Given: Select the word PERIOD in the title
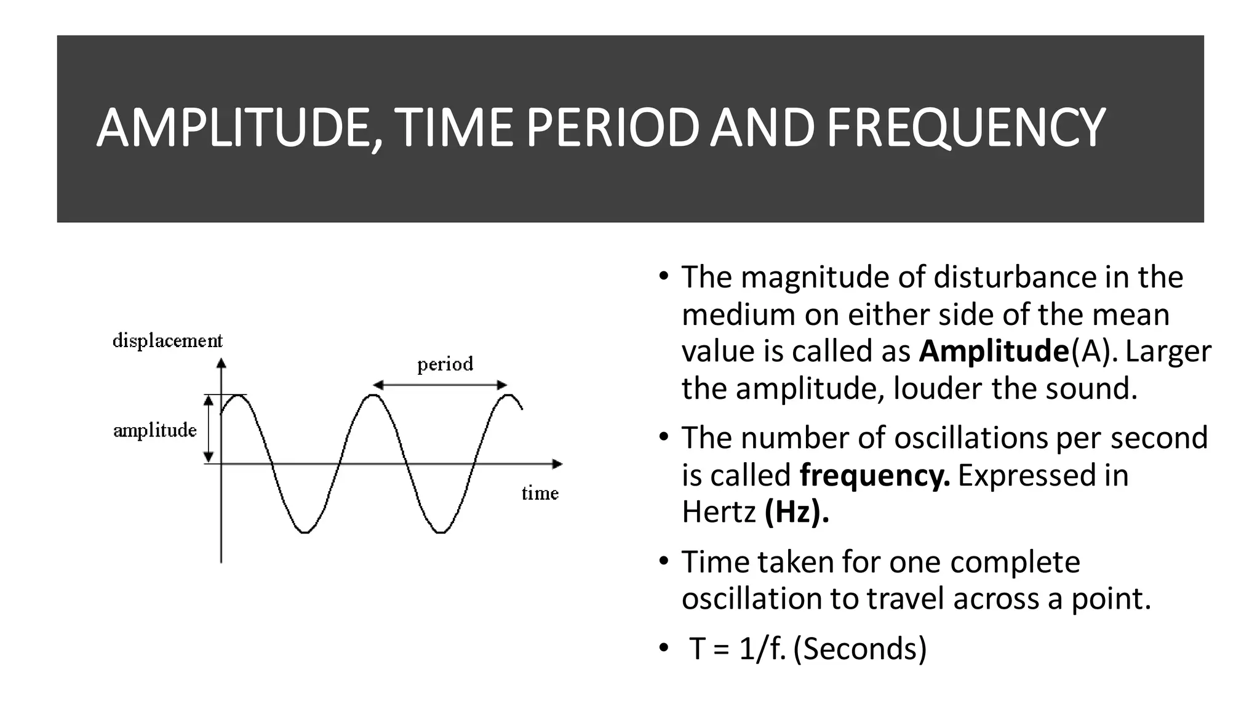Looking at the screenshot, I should (x=612, y=128).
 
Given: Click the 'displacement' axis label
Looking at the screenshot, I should (x=167, y=340).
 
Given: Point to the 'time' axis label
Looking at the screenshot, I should (x=540, y=493).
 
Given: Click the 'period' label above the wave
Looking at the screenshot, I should (x=445, y=364).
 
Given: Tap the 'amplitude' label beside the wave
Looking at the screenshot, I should (x=155, y=430).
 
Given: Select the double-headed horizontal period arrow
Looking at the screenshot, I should (x=440, y=385).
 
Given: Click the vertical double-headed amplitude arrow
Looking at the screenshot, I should (x=209, y=428).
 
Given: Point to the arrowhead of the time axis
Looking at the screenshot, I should (x=557, y=464).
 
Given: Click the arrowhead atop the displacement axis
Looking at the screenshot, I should (x=221, y=363).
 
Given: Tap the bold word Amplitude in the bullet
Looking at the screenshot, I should (x=994, y=351).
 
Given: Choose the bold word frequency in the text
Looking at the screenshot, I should (x=874, y=475).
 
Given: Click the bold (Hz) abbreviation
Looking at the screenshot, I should (x=797, y=512).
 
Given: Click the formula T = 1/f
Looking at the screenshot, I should (x=737, y=649).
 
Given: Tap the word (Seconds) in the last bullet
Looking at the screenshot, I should (x=860, y=649).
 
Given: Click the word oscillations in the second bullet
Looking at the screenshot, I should (x=970, y=438).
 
